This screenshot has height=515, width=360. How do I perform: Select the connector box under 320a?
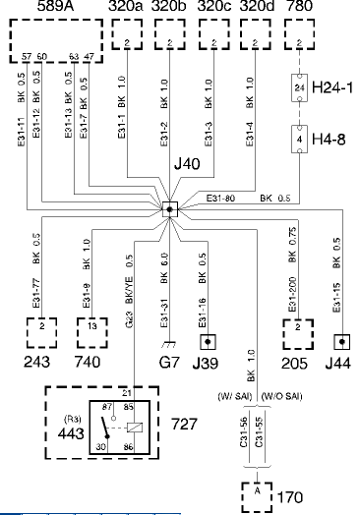(x=127, y=44)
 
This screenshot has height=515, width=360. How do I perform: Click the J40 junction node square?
(x=169, y=209)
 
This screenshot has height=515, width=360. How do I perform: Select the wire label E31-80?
(x=222, y=200)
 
